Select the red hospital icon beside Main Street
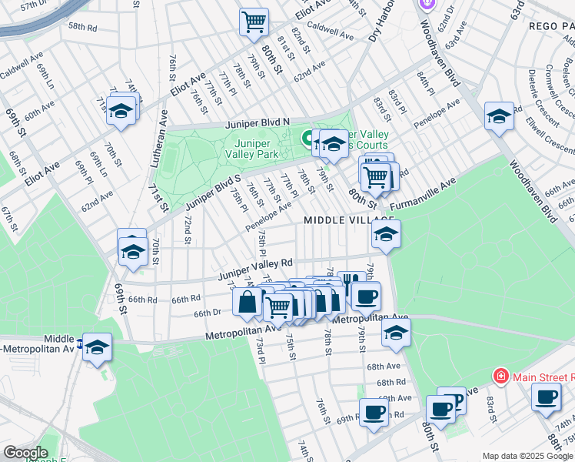(x=500, y=377)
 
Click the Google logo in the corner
(x=25, y=453)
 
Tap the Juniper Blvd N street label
(x=257, y=122)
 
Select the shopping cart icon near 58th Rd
(x=254, y=22)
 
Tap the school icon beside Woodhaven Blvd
(x=499, y=116)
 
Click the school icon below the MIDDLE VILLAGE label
(x=386, y=235)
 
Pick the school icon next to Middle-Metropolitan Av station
(x=98, y=347)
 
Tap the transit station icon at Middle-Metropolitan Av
(x=80, y=343)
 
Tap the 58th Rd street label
(x=82, y=25)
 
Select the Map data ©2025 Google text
(x=527, y=456)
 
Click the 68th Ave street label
(x=388, y=367)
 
